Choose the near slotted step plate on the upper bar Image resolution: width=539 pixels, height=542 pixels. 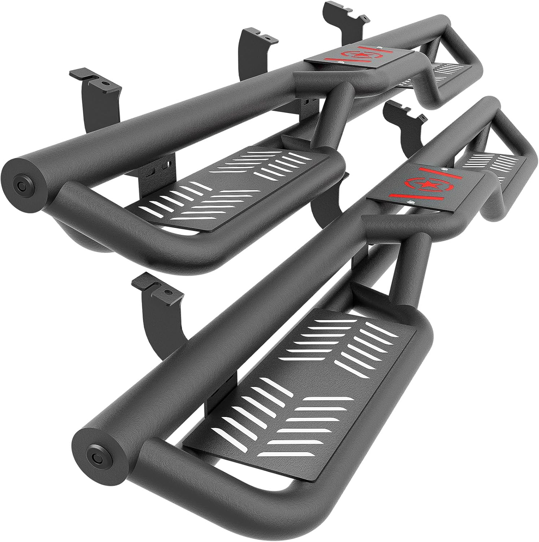[x=231, y=188]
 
